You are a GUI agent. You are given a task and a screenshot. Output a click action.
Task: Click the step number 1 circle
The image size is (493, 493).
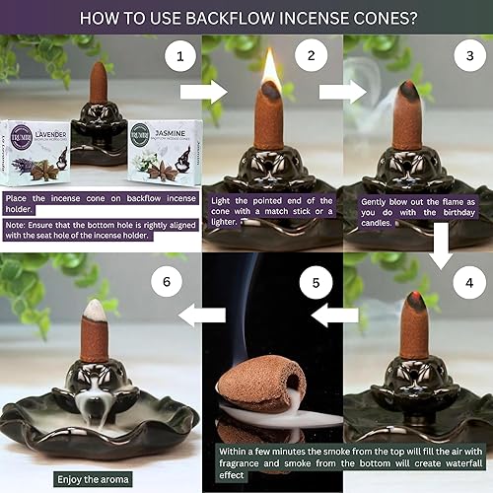coord(178,58)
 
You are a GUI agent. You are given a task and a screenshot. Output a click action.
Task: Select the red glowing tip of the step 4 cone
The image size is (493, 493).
coord(418,299)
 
